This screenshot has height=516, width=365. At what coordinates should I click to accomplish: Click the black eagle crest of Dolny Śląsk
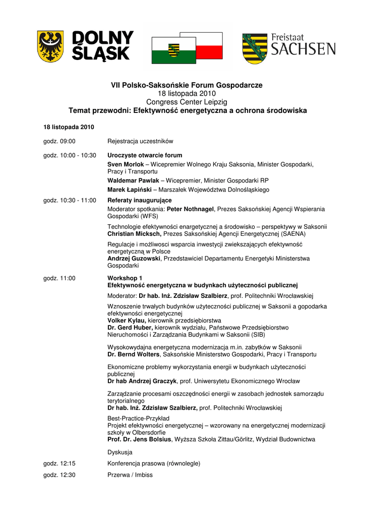coord(50,46)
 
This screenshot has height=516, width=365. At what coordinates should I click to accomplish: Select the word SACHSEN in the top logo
coord(303,49)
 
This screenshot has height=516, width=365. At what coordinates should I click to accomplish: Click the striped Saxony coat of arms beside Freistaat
coord(255,48)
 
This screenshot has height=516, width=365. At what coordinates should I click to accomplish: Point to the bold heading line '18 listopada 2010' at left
coord(69,126)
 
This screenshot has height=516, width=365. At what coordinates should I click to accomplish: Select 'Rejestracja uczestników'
coord(140,141)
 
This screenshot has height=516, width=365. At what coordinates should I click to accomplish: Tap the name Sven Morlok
coord(126,164)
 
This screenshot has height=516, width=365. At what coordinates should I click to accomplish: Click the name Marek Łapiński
coord(129,190)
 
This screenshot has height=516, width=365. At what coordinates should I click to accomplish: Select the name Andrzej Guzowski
coord(134,259)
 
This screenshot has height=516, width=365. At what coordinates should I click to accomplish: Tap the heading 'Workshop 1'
coord(125,278)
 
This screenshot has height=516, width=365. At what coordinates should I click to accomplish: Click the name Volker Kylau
coord(127,320)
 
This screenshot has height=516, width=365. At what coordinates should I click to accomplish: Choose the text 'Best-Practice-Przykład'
coord(139,418)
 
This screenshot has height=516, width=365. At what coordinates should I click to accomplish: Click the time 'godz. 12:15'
coord(59,463)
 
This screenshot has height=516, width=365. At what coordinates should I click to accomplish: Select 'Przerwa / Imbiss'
coord(130,475)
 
